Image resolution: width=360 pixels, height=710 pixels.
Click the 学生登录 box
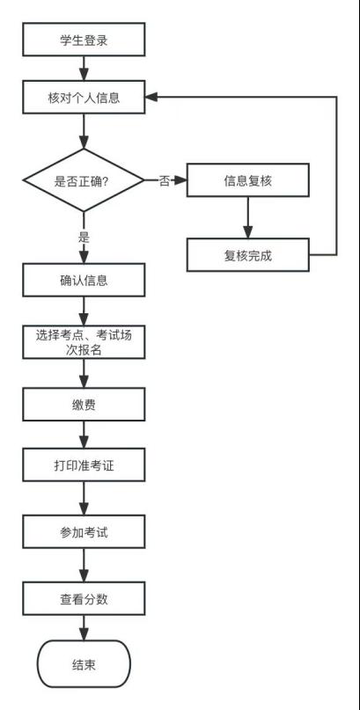[x=84, y=40]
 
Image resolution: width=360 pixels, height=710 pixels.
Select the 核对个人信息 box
[x=84, y=98]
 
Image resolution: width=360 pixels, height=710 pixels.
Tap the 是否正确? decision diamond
[x=84, y=180]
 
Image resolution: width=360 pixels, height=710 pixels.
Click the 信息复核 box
[x=248, y=180]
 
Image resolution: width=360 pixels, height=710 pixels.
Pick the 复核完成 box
[x=248, y=255]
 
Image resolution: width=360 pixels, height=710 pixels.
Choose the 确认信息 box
[x=84, y=280]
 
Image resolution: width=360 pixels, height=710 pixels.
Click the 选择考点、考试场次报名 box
[x=84, y=342]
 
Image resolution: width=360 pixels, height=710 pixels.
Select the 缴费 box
[x=84, y=404]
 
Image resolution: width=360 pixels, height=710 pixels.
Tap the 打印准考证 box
[x=84, y=465]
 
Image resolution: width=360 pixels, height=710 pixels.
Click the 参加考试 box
[x=84, y=531]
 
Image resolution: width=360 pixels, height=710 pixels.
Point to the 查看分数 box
[x=84, y=598]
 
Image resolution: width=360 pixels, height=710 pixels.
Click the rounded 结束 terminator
[x=84, y=664]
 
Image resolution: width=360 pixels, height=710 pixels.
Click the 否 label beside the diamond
[x=165, y=181]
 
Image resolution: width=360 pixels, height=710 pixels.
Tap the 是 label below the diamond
[x=84, y=238]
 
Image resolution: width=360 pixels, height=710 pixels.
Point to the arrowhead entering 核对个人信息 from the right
[x=151, y=98]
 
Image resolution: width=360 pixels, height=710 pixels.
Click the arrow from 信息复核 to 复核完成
[x=247, y=217]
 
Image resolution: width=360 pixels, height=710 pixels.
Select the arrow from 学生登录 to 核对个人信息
[x=84, y=69]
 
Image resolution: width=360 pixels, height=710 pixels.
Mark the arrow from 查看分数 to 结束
[x=84, y=627]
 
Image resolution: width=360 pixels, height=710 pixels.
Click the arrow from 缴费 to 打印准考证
[x=84, y=435]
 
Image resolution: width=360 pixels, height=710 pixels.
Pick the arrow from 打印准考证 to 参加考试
[x=84, y=498]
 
